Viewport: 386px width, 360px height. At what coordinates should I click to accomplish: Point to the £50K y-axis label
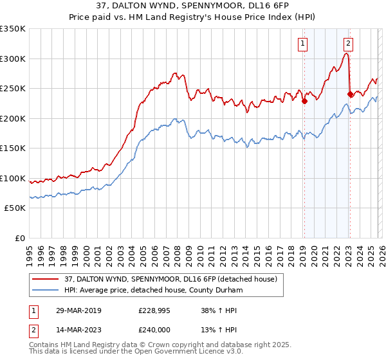click(15, 208)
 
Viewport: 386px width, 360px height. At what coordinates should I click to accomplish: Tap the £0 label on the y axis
click(21, 238)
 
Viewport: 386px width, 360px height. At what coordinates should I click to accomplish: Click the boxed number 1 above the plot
click(302, 44)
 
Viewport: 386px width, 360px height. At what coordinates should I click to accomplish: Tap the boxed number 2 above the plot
click(348, 44)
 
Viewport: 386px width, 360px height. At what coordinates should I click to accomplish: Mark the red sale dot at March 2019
click(304, 100)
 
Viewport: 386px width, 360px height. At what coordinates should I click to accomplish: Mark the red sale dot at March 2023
click(349, 94)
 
